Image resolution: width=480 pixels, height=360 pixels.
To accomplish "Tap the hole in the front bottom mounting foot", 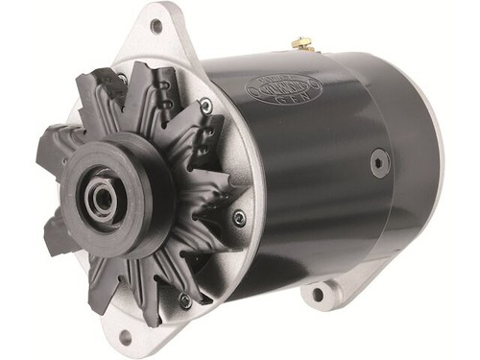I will [123, 336].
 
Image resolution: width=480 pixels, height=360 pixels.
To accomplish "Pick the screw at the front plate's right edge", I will [239, 218].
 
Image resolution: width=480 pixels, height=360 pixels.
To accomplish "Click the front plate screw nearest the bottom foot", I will [184, 300].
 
